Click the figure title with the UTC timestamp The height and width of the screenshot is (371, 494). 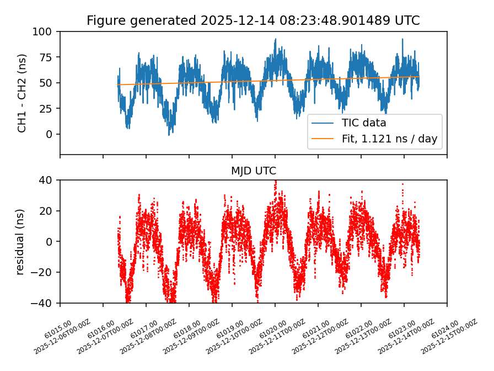[x=253, y=21]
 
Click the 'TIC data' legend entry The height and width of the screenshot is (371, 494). [x=364, y=123]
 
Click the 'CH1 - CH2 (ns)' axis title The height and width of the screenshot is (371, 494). [x=22, y=93]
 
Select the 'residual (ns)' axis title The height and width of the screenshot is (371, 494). [x=21, y=241]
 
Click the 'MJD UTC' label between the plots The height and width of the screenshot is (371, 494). [x=253, y=171]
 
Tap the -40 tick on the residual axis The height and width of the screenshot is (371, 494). [x=46, y=303]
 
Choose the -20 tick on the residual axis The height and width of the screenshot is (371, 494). [x=46, y=272]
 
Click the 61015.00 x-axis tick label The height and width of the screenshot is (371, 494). [x=58, y=323]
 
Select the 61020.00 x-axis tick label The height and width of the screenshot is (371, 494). [x=273, y=323]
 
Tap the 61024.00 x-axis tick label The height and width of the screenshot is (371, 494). [x=445, y=323]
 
